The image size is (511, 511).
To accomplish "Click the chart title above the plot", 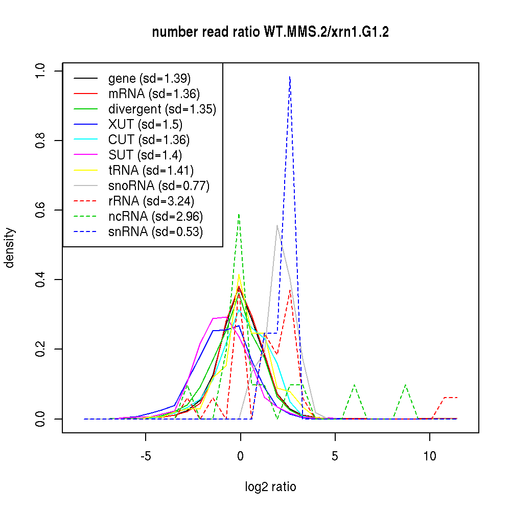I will (x=270, y=32).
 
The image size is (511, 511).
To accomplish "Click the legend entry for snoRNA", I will (x=159, y=185).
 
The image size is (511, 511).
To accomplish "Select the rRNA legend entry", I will (x=151, y=201).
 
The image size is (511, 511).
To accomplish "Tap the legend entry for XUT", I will (x=145, y=124).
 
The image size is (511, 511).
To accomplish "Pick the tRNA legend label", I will (x=151, y=170).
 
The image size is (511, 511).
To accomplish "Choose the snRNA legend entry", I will (x=155, y=231).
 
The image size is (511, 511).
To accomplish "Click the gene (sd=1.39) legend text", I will (x=149, y=78).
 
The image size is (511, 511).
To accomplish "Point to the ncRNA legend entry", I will (x=155, y=216).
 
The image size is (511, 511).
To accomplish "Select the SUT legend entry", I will (x=145, y=155).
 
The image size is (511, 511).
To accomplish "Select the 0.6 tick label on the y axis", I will (x=41, y=210).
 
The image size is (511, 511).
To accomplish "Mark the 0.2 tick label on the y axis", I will (x=41, y=350).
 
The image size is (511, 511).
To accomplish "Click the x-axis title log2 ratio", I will (x=270, y=487).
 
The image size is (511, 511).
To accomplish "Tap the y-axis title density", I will (x=10, y=247).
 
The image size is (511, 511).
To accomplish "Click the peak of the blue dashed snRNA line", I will (x=290, y=77).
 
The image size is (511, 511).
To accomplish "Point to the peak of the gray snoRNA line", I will (x=277, y=225).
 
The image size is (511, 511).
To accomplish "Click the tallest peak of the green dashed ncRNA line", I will (x=239, y=215).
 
